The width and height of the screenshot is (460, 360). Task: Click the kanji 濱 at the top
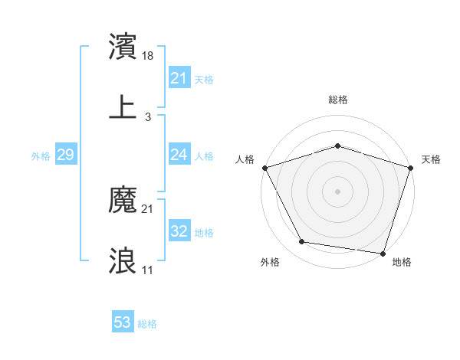point(123,47)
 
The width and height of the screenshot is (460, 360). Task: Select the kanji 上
point(123,106)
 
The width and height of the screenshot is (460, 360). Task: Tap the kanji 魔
point(123,201)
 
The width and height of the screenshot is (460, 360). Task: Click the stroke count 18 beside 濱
point(149,56)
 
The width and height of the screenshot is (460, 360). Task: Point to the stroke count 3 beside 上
point(148,116)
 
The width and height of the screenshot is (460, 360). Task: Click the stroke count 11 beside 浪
point(148,270)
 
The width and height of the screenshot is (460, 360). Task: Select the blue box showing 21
point(179,78)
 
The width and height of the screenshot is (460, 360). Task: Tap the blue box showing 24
point(179,155)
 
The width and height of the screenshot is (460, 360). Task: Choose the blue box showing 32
point(179,231)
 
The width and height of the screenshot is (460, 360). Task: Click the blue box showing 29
point(65,155)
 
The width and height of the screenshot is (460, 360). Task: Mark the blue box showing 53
point(122,322)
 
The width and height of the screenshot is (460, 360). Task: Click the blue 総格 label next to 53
point(147,324)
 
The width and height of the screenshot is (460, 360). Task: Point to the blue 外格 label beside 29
point(41,156)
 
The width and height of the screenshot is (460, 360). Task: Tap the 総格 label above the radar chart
point(338,100)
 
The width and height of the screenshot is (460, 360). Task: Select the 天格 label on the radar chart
point(431,159)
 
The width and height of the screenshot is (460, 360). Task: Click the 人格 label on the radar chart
point(245,159)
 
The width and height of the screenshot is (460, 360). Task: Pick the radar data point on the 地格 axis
point(383,253)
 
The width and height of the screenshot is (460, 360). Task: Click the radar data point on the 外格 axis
point(302,242)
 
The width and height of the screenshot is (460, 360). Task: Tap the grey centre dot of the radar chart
point(337,191)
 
